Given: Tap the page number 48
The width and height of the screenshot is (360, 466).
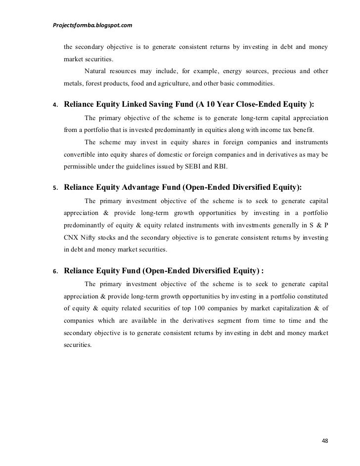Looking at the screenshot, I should click(325, 441).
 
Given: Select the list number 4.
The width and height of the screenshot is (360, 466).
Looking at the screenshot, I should click(55, 105).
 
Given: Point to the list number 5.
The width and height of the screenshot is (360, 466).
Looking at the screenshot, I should click(55, 189).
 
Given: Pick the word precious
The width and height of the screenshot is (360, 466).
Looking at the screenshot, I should click(277, 71).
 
